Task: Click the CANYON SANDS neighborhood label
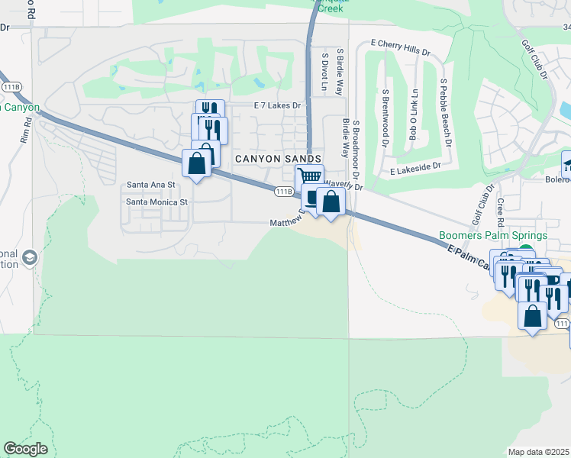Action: [273, 158]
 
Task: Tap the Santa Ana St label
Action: [151, 185]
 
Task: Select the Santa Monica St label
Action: [156, 202]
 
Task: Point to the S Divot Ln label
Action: [324, 73]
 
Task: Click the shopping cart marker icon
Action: [308, 177]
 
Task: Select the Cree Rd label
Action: [501, 212]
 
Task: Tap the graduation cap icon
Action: [30, 256]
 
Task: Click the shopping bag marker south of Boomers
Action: [532, 315]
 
